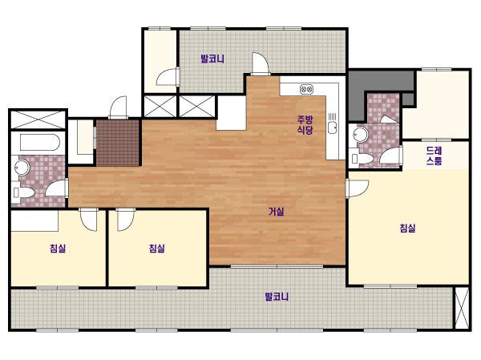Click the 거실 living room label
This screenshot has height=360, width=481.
(x=276, y=212)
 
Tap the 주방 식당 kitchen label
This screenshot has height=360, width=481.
(x=305, y=124)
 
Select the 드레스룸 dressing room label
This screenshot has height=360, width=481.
(x=434, y=156)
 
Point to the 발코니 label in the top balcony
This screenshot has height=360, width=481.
(x=212, y=59)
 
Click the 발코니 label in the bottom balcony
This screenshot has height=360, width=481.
(x=277, y=297)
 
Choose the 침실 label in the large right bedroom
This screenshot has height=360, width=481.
(x=407, y=228)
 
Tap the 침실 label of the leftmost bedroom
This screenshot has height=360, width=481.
(x=58, y=248)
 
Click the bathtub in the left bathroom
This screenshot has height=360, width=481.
(x=39, y=142)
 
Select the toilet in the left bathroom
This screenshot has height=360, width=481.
(x=23, y=192)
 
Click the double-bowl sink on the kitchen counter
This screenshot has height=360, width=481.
(x=306, y=89)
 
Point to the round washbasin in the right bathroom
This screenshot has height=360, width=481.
(x=361, y=135)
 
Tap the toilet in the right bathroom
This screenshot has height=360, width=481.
(x=362, y=159)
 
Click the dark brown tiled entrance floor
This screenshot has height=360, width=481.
(x=118, y=143)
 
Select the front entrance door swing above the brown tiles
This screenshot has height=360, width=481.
(x=118, y=107)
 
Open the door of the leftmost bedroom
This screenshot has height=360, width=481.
(x=88, y=220)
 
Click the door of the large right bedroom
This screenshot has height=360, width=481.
(x=358, y=188)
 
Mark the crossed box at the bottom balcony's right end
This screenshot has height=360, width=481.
(x=462, y=308)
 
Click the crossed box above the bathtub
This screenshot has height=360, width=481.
(x=38, y=119)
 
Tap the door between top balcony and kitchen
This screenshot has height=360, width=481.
(x=261, y=63)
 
